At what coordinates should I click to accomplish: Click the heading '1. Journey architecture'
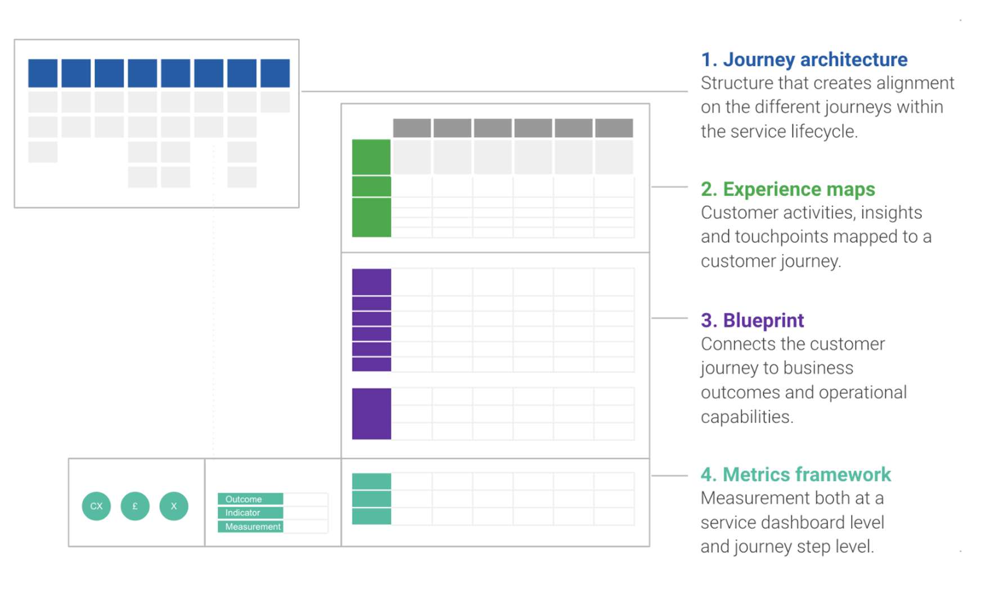804,60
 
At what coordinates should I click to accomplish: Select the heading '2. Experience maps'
787,189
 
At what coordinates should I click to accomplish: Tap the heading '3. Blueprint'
752,320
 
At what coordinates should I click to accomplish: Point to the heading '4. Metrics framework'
795,474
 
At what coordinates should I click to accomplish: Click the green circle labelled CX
96,506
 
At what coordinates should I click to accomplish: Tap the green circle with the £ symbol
135,506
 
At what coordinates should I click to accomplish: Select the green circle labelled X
174,506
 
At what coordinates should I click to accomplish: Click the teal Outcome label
250,499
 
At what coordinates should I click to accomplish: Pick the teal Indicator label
250,512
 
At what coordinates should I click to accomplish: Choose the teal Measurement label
250,526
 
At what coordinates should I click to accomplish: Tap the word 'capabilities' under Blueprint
747,417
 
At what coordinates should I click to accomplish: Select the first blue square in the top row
43,73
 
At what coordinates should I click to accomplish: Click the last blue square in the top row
275,73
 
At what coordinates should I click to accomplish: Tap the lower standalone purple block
371,413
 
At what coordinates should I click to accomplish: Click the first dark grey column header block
412,128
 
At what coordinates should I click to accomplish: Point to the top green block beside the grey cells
371,157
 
